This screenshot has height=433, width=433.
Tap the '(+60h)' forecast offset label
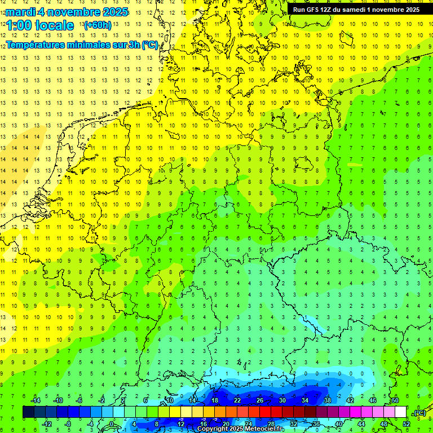(x=98, y=25)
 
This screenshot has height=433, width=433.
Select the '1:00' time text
(x=18, y=25)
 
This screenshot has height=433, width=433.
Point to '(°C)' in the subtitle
(x=149, y=45)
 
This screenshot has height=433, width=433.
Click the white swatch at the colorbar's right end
(x=400, y=412)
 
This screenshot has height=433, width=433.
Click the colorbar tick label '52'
(x=406, y=424)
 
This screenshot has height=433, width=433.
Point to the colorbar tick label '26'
(x=260, y=400)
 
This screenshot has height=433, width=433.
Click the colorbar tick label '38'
(x=328, y=400)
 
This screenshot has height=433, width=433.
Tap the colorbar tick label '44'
(x=361, y=424)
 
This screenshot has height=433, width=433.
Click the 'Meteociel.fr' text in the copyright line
(x=264, y=429)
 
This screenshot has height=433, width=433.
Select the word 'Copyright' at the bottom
(x=213, y=429)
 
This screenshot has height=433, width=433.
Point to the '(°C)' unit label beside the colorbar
(x=419, y=413)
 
